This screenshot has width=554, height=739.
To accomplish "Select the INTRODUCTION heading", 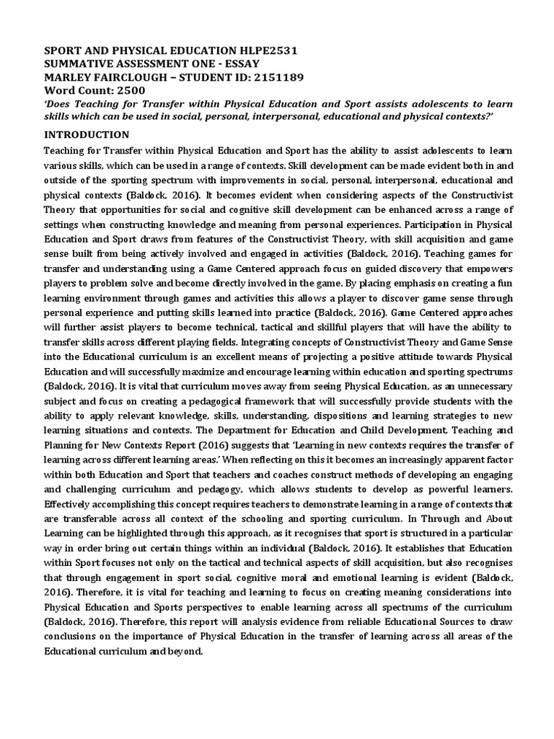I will [87, 134].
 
